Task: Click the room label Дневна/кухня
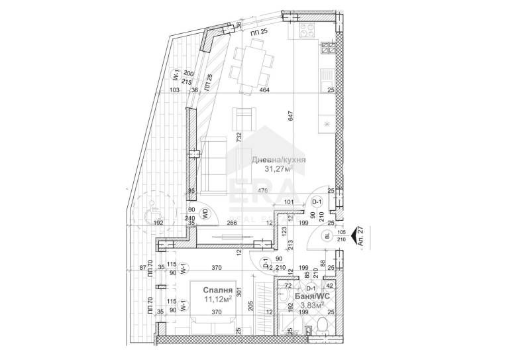[x=278, y=160]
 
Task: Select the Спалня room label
[x=217, y=290]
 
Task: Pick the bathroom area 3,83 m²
[x=311, y=306]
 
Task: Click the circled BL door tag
[x=328, y=235]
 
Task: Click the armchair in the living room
[x=244, y=119]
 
